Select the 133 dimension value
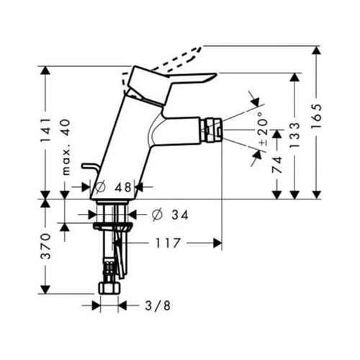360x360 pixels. click(x=294, y=135)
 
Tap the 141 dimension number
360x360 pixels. click(x=45, y=130)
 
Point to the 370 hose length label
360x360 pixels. click(x=45, y=246)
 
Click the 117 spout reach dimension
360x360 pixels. click(x=168, y=243)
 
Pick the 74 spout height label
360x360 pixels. click(x=277, y=164)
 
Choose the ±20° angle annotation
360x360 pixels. click(x=263, y=128)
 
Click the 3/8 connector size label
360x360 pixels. click(x=158, y=305)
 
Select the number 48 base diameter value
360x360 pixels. click(x=123, y=187)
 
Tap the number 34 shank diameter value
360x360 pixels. click(x=180, y=215)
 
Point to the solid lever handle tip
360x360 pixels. click(x=215, y=74)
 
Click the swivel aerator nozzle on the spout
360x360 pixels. click(x=211, y=130)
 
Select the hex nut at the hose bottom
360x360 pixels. click(x=109, y=288)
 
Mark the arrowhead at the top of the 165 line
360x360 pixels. click(x=317, y=51)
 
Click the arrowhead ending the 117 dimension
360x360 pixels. click(x=217, y=243)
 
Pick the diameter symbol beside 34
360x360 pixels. click(x=158, y=215)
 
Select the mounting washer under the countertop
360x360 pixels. click(x=112, y=227)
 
